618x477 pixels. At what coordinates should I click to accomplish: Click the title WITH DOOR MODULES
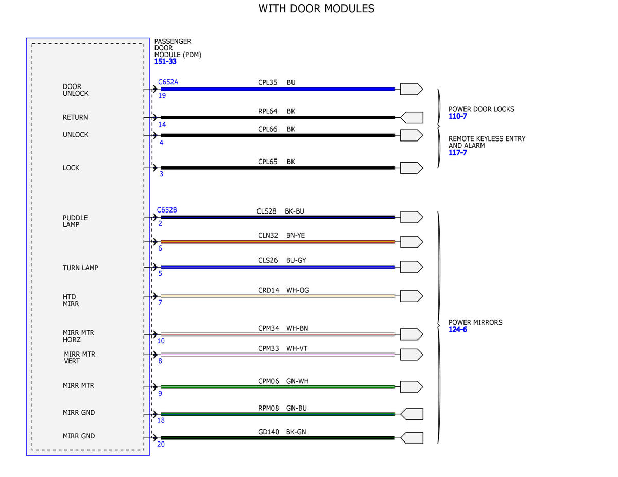(316, 9)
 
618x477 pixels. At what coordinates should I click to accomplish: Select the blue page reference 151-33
(165, 61)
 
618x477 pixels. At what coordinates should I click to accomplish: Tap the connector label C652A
(168, 82)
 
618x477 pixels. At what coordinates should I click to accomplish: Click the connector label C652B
(167, 210)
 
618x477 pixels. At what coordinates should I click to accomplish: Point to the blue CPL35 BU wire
(278, 89)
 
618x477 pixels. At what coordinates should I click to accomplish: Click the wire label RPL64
(267, 111)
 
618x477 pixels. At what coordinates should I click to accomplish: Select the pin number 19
(162, 96)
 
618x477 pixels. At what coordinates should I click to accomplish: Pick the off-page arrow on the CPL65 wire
(411, 168)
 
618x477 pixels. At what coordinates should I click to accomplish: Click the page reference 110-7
(458, 116)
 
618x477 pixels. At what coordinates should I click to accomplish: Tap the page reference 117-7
(458, 153)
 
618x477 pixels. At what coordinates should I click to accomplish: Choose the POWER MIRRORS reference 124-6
(458, 329)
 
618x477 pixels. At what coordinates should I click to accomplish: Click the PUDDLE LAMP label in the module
(75, 221)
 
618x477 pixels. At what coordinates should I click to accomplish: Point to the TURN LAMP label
(80, 268)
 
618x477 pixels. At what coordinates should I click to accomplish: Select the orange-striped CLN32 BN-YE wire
(278, 242)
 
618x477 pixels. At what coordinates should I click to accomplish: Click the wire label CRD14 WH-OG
(284, 290)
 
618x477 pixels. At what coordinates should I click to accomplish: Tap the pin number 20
(161, 444)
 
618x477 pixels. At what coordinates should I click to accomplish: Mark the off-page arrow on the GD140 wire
(411, 438)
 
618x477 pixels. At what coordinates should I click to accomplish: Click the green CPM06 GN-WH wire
(278, 386)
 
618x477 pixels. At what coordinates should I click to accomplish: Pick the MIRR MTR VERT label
(80, 358)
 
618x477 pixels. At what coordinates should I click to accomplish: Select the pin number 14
(162, 125)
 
